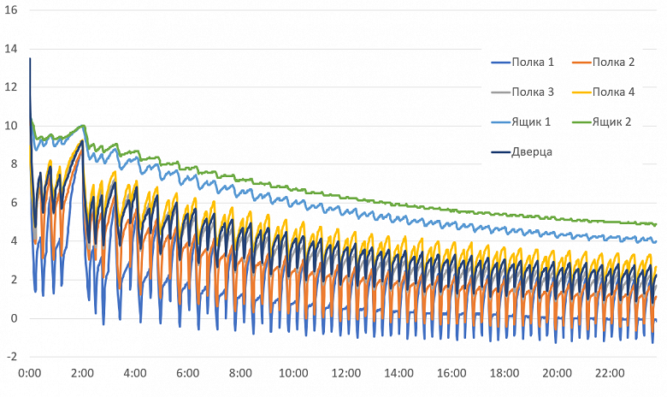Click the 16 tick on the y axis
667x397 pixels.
coord(12,9)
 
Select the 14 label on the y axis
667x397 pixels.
coord(12,49)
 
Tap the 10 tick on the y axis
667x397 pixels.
coord(12,126)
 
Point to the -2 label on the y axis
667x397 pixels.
coord(12,357)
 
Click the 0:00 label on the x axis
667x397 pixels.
coord(30,374)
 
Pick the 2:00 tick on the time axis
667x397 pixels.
coord(83,374)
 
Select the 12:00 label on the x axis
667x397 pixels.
coord(345,374)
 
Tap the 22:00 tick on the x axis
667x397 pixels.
coord(610,374)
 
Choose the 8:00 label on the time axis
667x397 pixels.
coord(240,374)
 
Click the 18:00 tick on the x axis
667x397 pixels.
coord(504,374)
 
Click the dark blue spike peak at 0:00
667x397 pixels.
coord(30,58)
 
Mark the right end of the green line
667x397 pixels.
coord(656,224)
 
